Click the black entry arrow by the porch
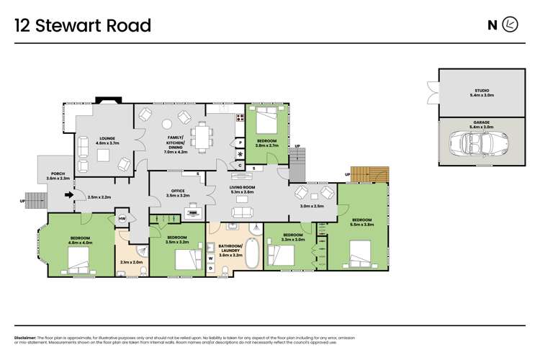click(70, 194)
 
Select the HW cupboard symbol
click(122, 219)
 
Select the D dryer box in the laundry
click(210, 268)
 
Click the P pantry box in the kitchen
click(240, 143)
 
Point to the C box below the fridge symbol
click(240, 165)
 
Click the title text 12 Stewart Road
click(84, 26)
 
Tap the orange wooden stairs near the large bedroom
click(375, 175)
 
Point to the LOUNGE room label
click(107, 138)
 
